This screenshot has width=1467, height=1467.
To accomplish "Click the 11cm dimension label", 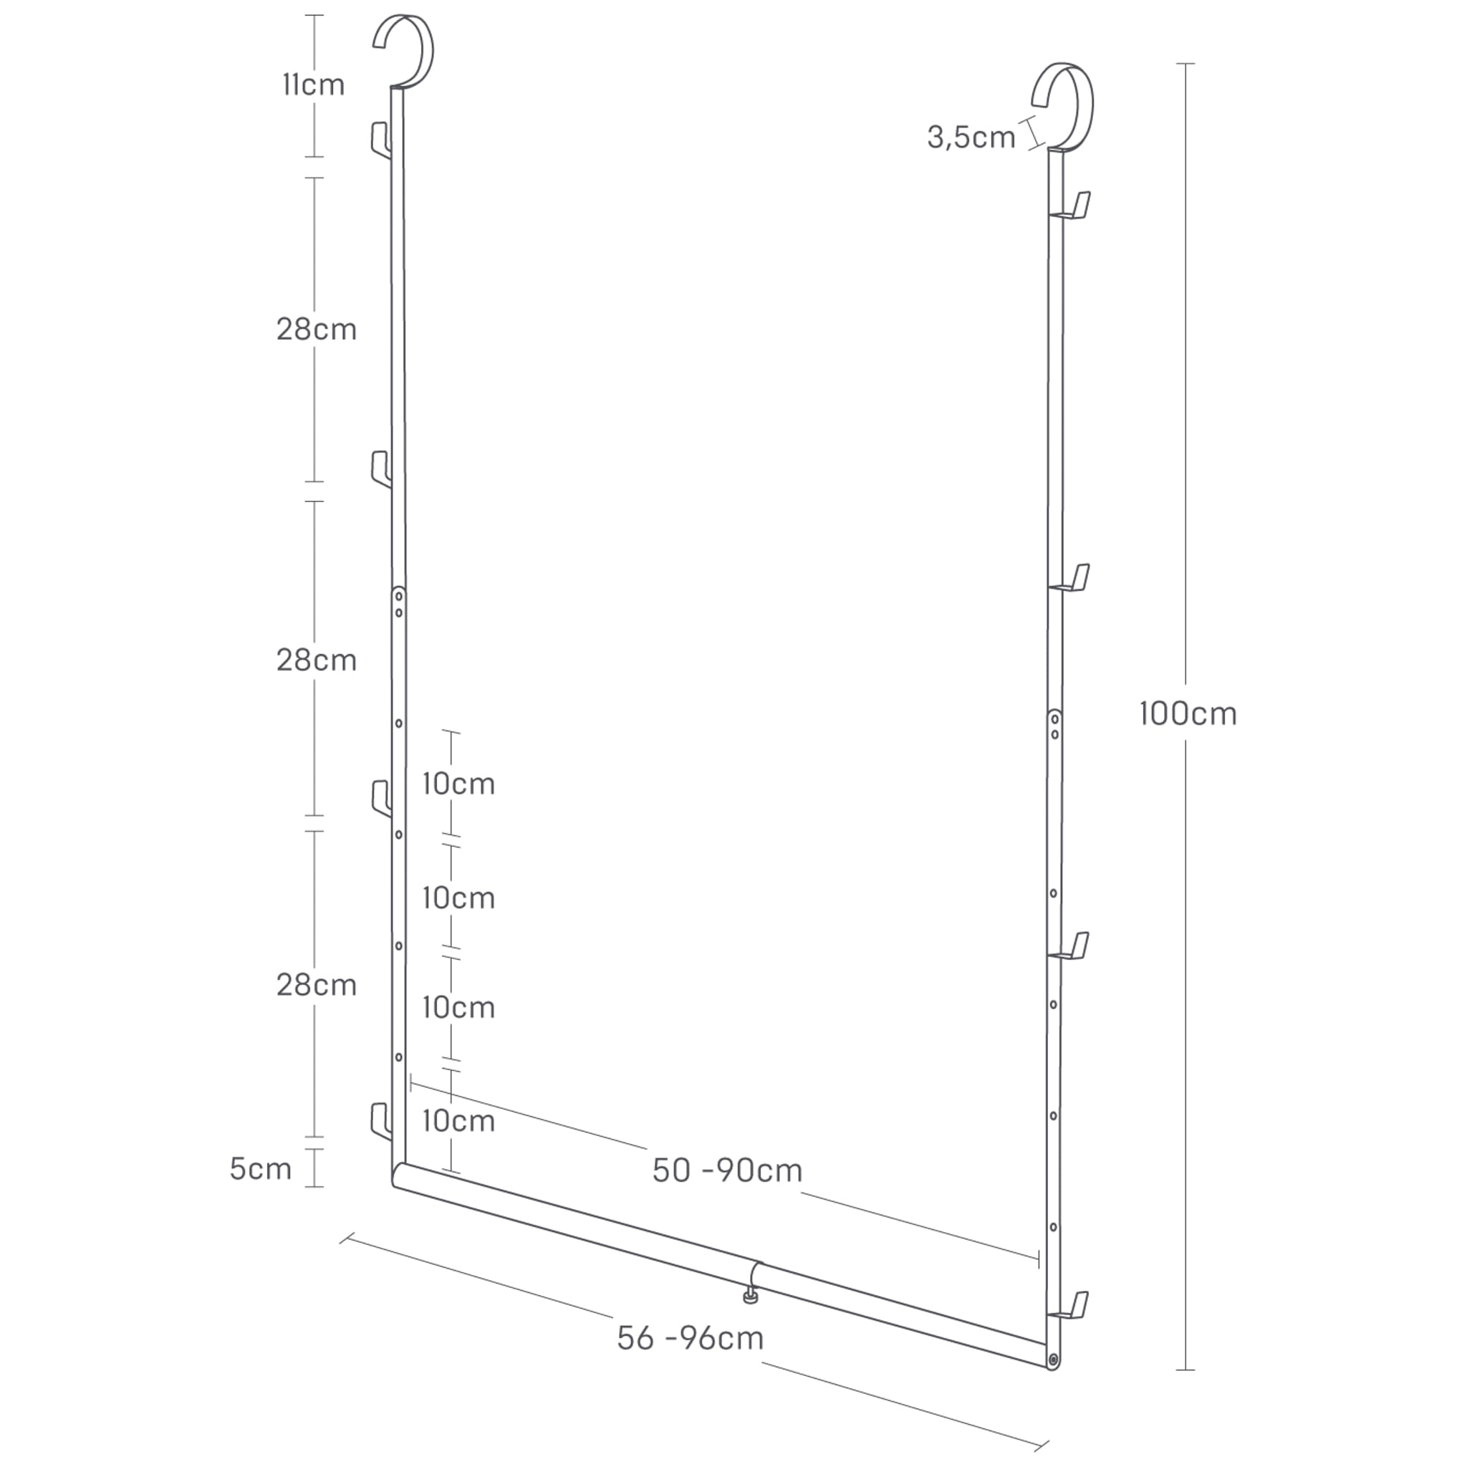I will [x=313, y=85].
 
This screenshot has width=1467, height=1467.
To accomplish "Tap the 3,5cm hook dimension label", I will [x=971, y=138].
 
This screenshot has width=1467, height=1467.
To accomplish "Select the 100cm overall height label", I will [x=1188, y=713].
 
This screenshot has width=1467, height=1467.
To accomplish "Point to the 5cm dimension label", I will [x=261, y=1168].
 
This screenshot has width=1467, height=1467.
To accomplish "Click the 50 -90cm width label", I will [x=726, y=1170].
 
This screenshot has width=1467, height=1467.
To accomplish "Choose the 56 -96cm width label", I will [x=690, y=1338].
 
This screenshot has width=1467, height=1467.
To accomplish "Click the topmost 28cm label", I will [x=316, y=330].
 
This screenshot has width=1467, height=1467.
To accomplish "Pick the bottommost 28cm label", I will [x=316, y=985].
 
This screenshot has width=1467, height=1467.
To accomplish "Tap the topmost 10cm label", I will [x=458, y=784].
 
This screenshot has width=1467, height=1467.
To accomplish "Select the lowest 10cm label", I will [x=458, y=1121].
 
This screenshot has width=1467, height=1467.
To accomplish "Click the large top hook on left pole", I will [x=406, y=49].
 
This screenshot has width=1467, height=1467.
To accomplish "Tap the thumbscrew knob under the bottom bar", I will [x=750, y=1299].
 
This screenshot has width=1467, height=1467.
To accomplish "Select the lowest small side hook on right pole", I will [x=1072, y=1306].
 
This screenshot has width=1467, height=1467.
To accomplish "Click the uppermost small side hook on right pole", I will [x=1074, y=206].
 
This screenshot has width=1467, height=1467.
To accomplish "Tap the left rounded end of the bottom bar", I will [x=398, y=1176].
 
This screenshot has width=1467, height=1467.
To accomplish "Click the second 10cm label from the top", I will [x=458, y=898].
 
